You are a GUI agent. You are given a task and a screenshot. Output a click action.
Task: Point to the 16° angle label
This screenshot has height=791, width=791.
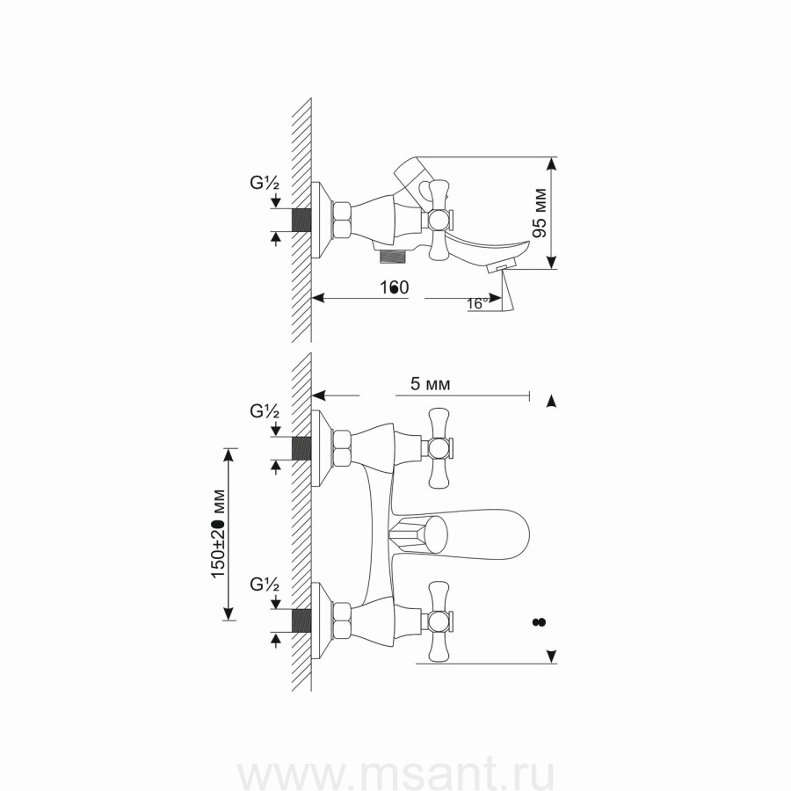click(478, 303)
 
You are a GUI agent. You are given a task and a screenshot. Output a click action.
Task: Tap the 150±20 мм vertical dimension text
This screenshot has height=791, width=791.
click(219, 533)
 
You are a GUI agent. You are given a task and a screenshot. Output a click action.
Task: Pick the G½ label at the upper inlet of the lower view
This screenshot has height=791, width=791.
click(265, 410)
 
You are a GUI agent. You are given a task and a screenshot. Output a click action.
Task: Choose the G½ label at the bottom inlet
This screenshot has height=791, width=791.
click(265, 583)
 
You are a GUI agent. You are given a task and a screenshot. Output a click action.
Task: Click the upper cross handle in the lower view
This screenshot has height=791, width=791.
click(439, 448)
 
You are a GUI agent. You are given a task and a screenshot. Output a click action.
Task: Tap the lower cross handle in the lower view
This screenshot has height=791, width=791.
click(439, 620)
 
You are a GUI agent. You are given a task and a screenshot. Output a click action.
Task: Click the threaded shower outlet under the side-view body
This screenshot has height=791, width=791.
click(393, 257)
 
